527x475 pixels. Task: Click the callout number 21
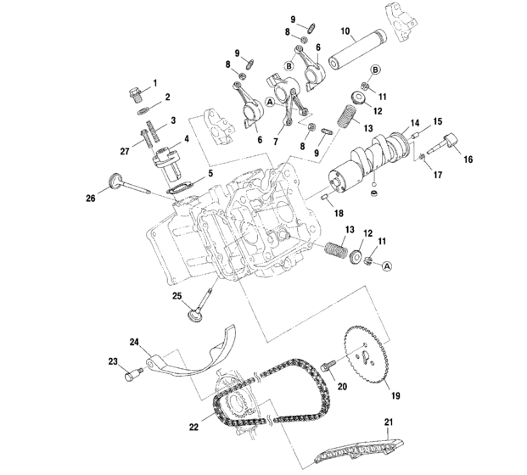[389, 422]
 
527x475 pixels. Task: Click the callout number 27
[126, 150]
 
